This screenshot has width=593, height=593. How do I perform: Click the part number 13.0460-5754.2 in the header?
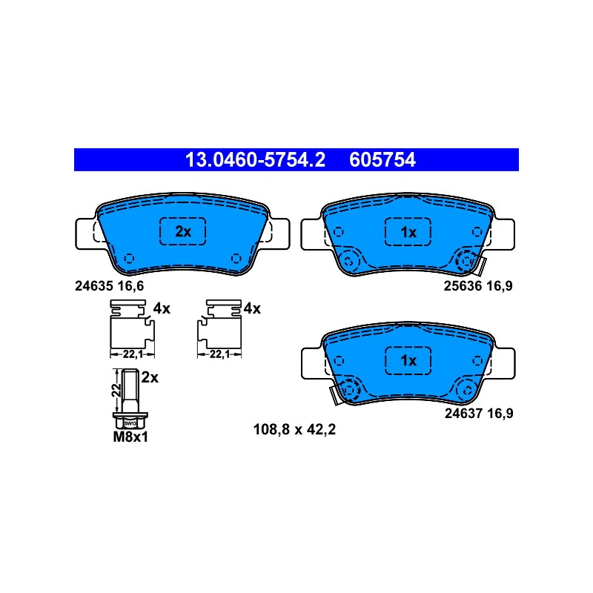point(255,159)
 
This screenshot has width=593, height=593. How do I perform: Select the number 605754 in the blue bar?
point(382,159)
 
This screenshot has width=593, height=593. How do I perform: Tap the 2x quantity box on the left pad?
point(182,231)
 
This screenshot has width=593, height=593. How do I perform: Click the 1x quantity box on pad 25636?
point(408,232)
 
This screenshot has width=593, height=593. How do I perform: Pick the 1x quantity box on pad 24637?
point(408,360)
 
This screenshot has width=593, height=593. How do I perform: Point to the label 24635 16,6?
point(109,286)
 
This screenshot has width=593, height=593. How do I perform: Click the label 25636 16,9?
point(478,286)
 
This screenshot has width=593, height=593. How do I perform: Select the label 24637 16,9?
point(479,414)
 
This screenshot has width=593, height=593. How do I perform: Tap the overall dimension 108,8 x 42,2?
point(294,430)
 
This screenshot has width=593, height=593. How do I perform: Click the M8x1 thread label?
point(130,437)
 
